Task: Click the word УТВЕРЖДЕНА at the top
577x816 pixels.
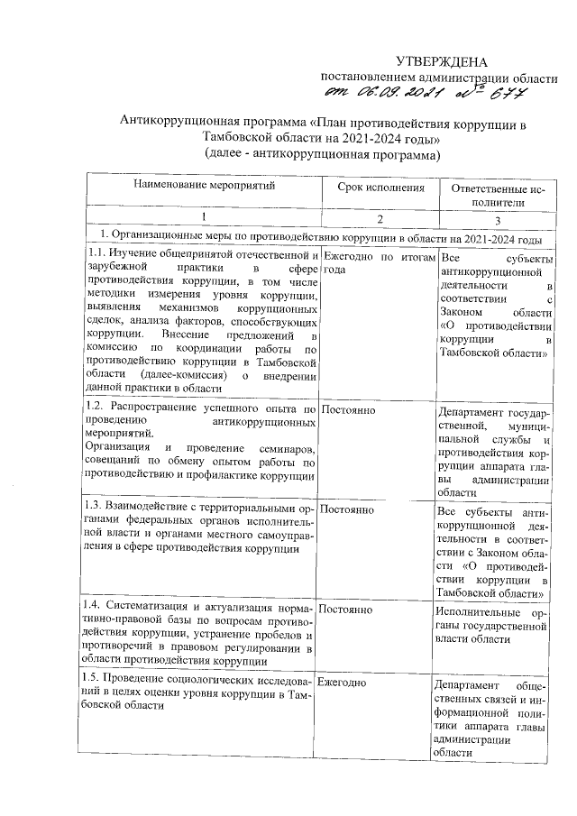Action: pyautogui.click(x=442, y=61)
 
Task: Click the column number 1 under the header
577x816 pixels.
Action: pyautogui.click(x=203, y=219)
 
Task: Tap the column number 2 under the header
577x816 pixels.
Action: pyautogui.click(x=380, y=219)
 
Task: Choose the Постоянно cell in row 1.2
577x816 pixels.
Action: pyautogui.click(x=347, y=411)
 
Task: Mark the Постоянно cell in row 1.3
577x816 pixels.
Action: pyautogui.click(x=347, y=509)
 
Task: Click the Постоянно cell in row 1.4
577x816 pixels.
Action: pyautogui.click(x=347, y=610)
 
